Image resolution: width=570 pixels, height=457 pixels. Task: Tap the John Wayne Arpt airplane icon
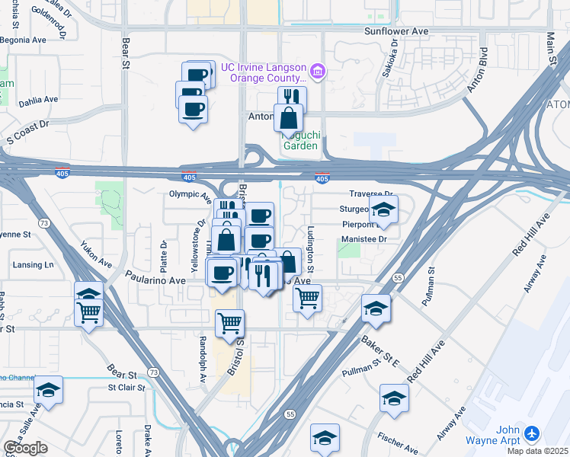531,433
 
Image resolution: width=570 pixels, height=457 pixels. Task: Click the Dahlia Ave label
39,100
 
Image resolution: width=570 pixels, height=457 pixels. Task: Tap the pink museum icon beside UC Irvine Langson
318,72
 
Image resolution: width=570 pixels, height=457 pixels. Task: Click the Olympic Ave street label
189,194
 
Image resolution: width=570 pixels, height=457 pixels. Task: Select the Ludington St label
310,249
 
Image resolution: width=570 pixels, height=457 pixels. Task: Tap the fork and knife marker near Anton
292,98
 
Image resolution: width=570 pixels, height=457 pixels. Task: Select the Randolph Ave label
203,353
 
